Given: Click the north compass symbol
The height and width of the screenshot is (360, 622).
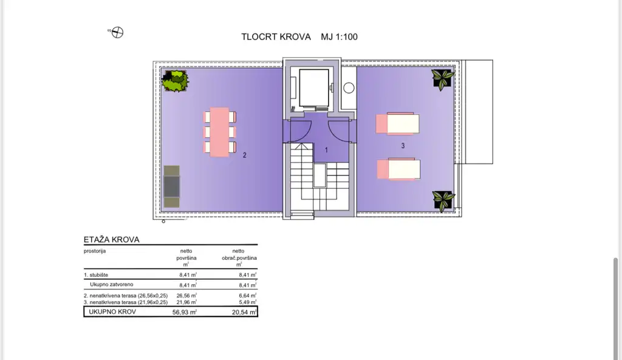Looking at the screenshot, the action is pos(117,33).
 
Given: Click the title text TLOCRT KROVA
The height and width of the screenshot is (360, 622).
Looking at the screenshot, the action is pos(276,37).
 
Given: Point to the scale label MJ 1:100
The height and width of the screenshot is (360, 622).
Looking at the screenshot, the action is pos(339,37).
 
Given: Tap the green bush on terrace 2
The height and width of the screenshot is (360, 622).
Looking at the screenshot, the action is pos(175,81).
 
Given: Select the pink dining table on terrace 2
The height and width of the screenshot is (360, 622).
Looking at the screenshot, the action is pos(219,132).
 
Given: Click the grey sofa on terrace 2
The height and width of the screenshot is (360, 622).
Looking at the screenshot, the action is pos(171,186).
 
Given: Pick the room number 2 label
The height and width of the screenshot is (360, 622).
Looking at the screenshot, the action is pos(244,155).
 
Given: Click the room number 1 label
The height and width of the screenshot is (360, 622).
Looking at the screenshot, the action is pos(326,150).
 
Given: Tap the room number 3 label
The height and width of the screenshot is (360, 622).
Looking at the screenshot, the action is pos(403,146).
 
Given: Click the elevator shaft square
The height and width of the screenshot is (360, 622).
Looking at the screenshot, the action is pos(314,88).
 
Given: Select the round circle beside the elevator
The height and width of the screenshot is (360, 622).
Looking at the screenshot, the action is pos(349,87).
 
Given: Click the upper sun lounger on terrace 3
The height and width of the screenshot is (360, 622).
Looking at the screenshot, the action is pos(397,123).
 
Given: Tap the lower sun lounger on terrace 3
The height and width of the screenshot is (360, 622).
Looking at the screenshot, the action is pos(398,169).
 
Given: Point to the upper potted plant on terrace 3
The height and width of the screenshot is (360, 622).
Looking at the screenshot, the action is pos(443,78).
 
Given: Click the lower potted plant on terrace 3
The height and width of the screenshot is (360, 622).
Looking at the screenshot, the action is pos(443,201).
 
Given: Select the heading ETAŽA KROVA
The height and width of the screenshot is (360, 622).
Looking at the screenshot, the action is pos(112,239).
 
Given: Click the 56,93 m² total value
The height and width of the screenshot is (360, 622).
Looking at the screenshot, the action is pos(185,312).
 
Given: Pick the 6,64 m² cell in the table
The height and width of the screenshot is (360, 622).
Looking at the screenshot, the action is pos(248,296).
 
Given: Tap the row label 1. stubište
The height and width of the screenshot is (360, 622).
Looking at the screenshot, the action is pos(95,275).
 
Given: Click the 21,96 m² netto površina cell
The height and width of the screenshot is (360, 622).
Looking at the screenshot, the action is pos(186,302).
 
